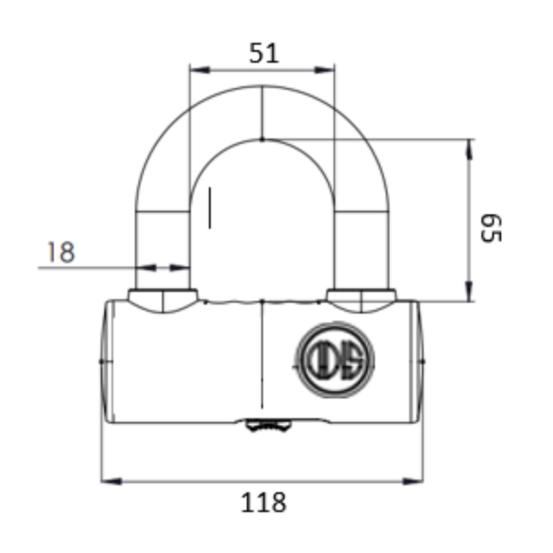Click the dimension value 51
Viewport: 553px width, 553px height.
click(x=264, y=53)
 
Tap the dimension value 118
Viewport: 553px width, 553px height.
click(x=263, y=502)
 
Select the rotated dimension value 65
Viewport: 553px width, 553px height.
click(x=491, y=228)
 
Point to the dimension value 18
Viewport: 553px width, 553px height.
click(x=60, y=252)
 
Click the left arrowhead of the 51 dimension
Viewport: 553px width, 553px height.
click(x=200, y=70)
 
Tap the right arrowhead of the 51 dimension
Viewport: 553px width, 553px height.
click(x=324, y=70)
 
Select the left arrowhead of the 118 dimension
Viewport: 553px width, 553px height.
click(x=111, y=481)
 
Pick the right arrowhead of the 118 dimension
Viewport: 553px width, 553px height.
click(x=413, y=481)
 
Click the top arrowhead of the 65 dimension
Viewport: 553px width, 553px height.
click(x=469, y=149)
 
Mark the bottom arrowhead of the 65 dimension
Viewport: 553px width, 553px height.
click(x=469, y=292)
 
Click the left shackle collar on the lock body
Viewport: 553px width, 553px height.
click(x=163, y=300)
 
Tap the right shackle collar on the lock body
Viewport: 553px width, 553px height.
click(x=361, y=300)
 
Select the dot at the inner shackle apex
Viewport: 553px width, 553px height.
click(x=262, y=139)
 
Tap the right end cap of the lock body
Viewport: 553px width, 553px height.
click(x=418, y=361)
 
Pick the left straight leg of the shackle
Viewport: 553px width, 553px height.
click(x=163, y=249)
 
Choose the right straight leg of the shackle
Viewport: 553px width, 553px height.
click(x=362, y=249)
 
